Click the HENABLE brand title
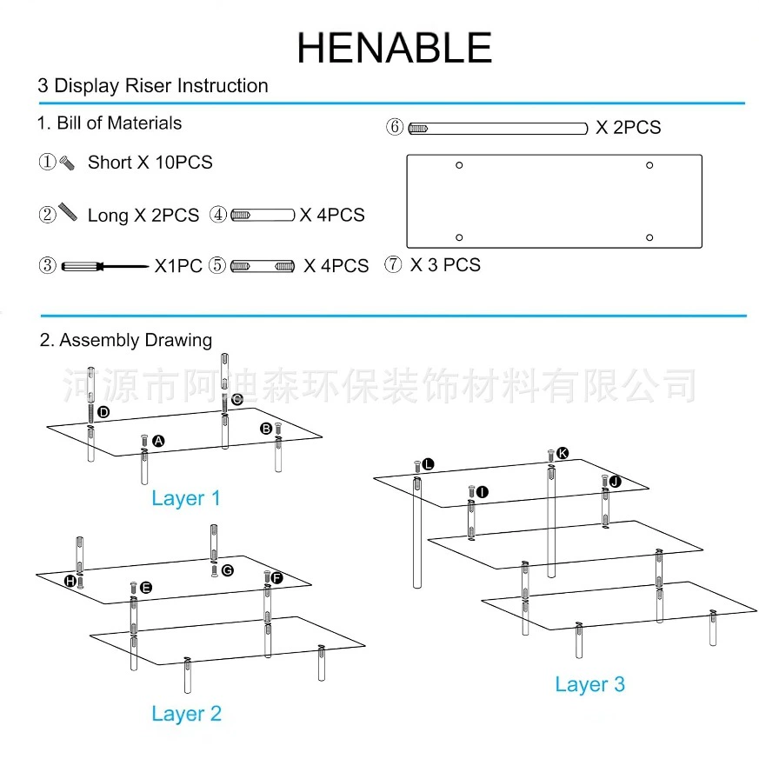coord(394,48)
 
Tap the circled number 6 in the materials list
coord(395,127)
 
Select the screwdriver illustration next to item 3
coord(105,266)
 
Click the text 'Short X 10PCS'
coord(150,163)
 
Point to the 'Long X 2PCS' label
coord(143,216)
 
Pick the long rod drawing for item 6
coord(498,129)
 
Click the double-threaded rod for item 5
coord(263,266)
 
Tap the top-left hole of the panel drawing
coord(459,165)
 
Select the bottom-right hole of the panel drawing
coord(649,237)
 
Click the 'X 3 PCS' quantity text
coord(445,265)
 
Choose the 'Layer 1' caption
coord(186,498)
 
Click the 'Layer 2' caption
coord(186,714)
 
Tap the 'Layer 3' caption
coord(590,684)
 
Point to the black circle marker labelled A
coord(158,441)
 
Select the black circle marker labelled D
coord(103,412)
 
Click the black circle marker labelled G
coord(228,570)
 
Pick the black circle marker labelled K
coord(562,453)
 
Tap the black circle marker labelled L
coord(428,464)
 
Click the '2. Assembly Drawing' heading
coord(126,340)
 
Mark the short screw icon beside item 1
coord(67,163)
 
